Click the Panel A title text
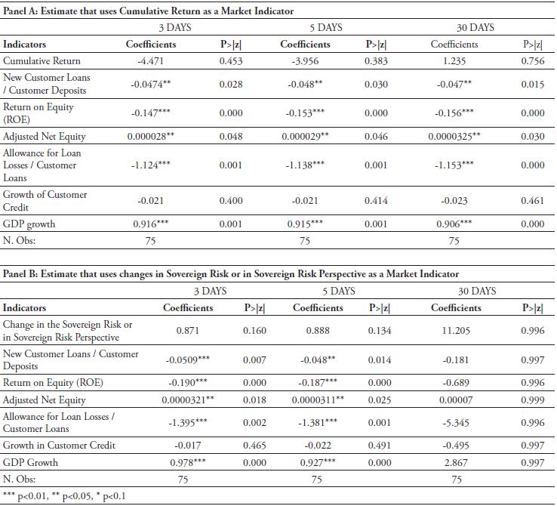148,11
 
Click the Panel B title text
230,274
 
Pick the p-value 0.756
532,61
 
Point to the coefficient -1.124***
150,165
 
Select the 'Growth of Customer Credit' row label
45,201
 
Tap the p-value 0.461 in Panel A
532,201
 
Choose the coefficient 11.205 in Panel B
456,330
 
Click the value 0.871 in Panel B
187,330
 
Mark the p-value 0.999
532,399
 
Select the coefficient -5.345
456,422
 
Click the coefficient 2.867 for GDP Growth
456,462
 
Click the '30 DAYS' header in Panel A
475,28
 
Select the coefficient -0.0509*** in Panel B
187,359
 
